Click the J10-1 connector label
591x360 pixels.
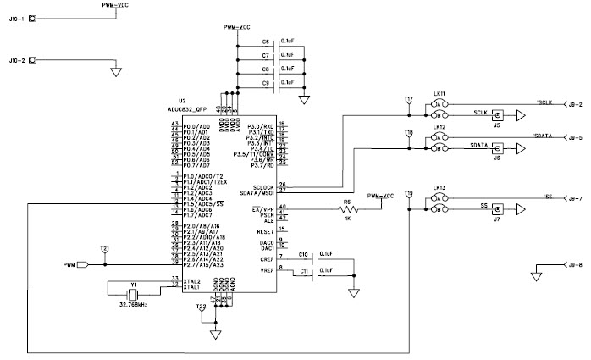click(x=16, y=19)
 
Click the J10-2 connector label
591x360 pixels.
click(x=16, y=62)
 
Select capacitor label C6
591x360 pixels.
click(x=265, y=41)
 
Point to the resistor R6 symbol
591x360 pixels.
click(x=345, y=208)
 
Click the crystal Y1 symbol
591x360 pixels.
click(x=131, y=294)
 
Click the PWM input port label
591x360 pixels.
click(x=69, y=265)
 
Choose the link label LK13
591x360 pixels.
click(x=439, y=186)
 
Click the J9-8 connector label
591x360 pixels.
click(x=576, y=265)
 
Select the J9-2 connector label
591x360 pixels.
click(x=576, y=104)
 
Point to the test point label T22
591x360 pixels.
click(x=201, y=306)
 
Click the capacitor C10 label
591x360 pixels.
click(x=304, y=252)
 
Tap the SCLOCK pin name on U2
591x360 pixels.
click(x=262, y=186)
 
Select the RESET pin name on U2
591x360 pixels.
click(x=265, y=230)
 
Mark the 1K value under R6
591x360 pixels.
click(x=346, y=219)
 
